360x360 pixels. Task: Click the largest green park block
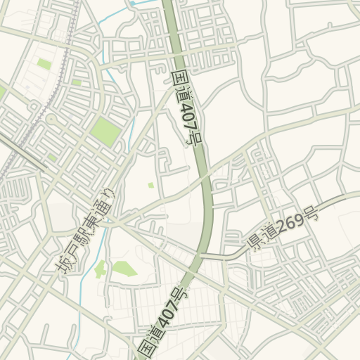(x=105, y=131)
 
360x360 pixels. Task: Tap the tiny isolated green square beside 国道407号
(x=150, y=185)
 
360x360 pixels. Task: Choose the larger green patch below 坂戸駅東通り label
(x=124, y=268)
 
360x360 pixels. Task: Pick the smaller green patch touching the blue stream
(x=101, y=269)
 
